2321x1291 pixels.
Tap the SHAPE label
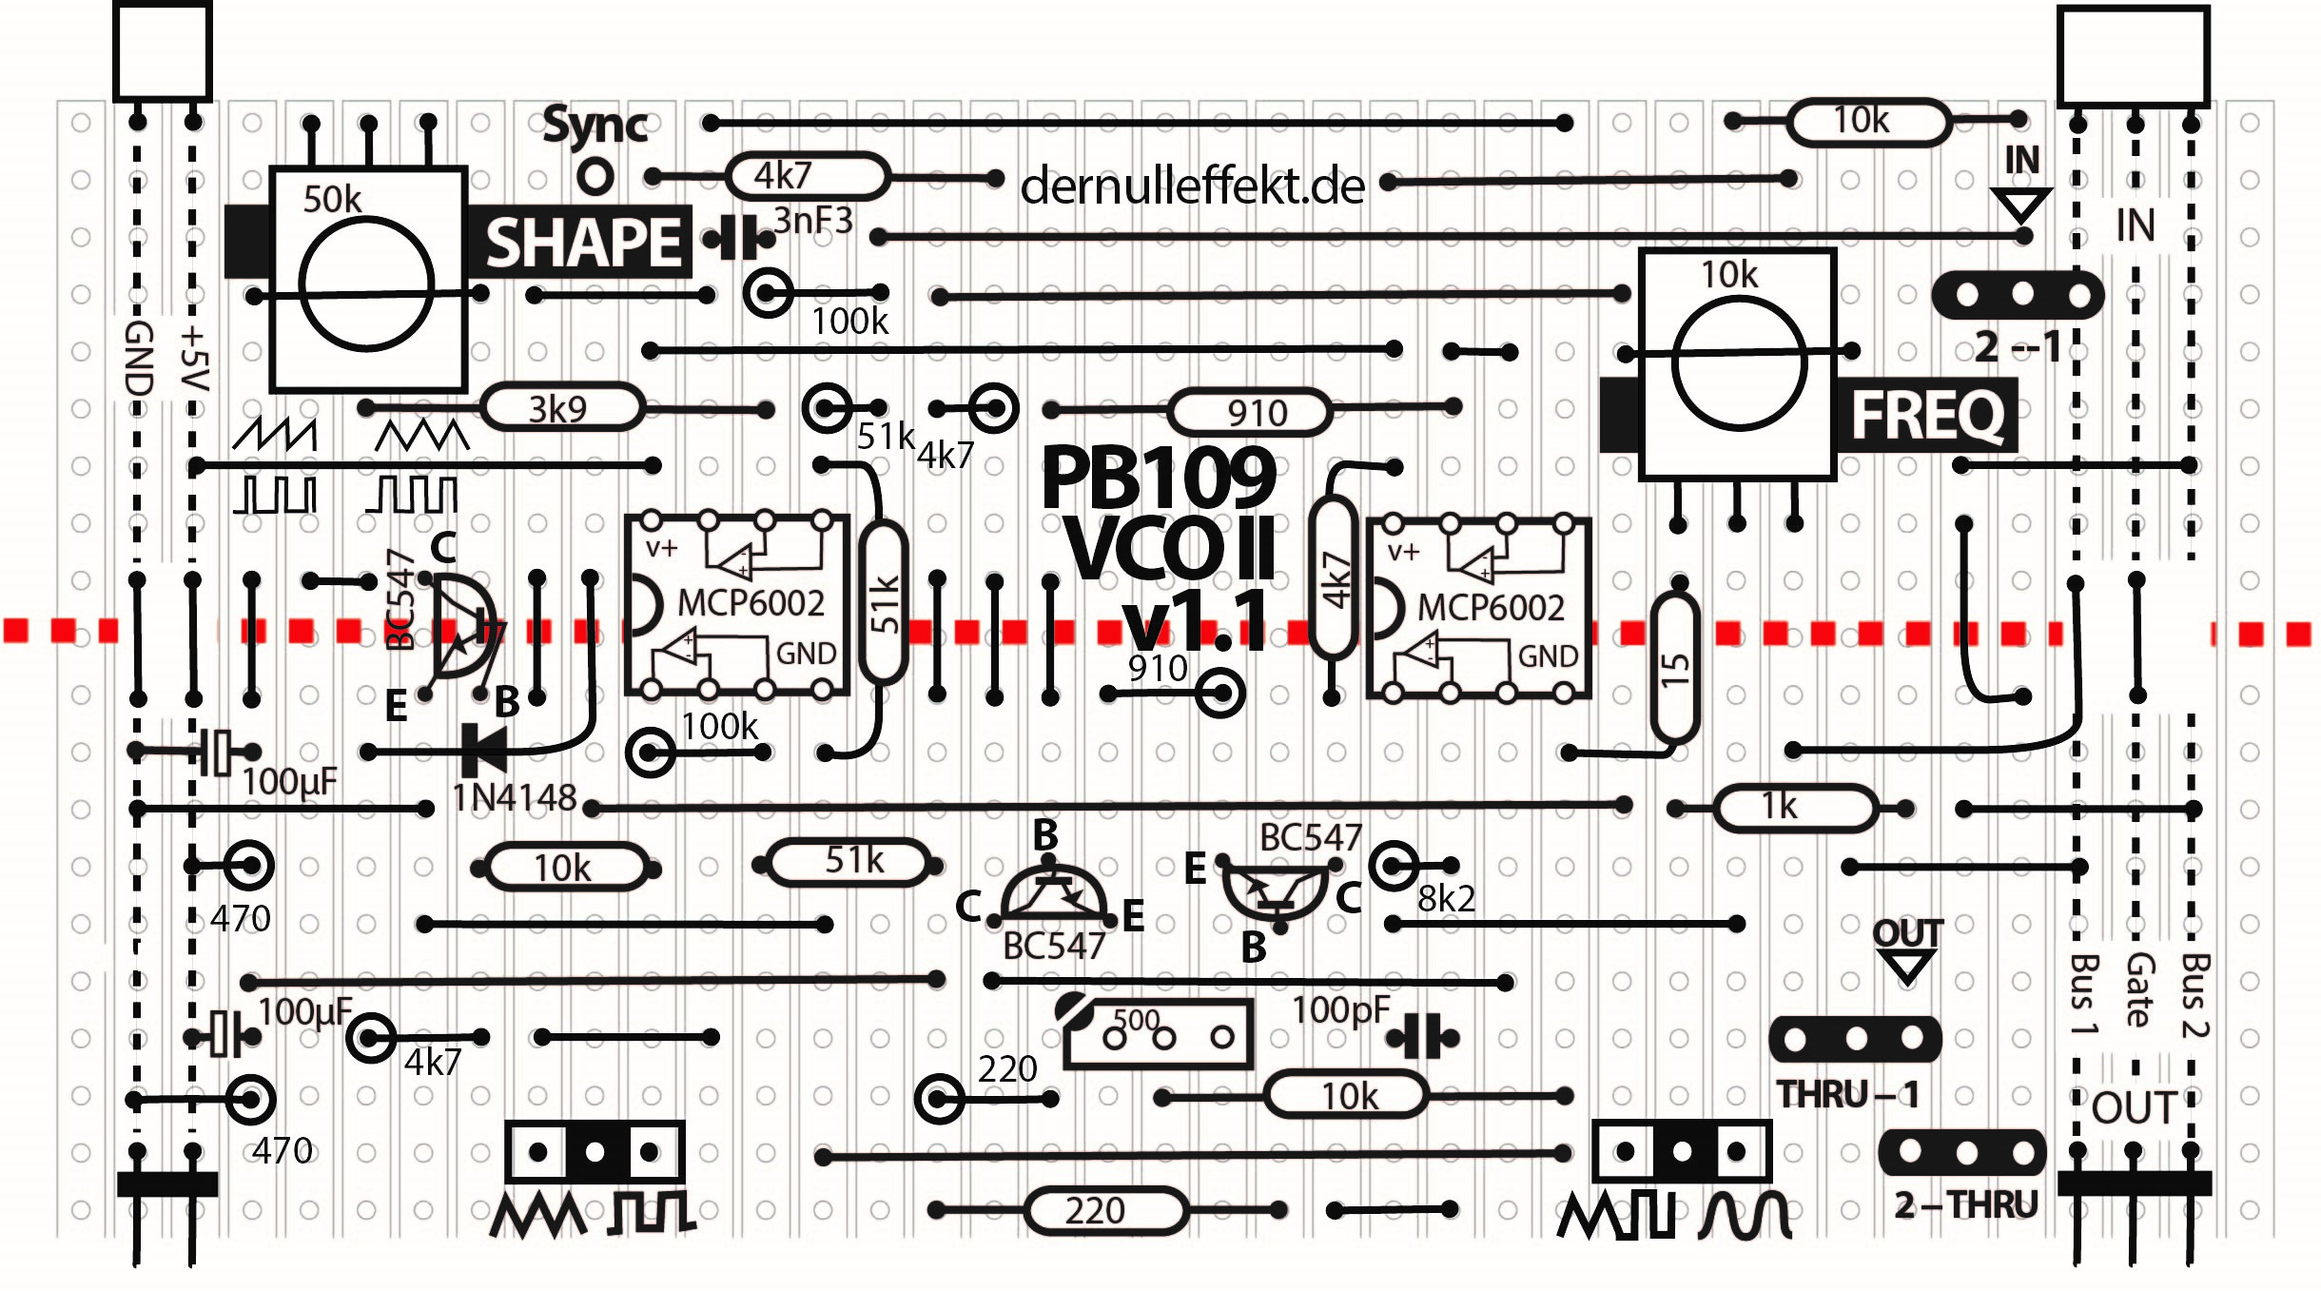point(582,242)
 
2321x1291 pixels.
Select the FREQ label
point(1927,415)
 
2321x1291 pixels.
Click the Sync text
point(595,126)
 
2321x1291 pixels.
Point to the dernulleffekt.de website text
point(1192,186)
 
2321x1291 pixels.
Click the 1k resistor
point(1794,808)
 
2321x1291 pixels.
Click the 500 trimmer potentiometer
point(1159,1034)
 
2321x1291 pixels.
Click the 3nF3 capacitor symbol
point(737,238)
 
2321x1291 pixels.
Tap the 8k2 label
point(1446,898)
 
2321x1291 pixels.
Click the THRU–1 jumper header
point(1854,1039)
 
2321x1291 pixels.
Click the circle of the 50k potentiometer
point(366,284)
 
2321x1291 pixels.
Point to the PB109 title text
point(1159,478)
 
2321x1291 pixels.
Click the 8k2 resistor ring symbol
point(1394,866)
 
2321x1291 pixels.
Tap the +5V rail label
point(193,360)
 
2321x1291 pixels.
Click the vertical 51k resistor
point(884,603)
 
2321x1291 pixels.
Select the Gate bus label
point(2137,989)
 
